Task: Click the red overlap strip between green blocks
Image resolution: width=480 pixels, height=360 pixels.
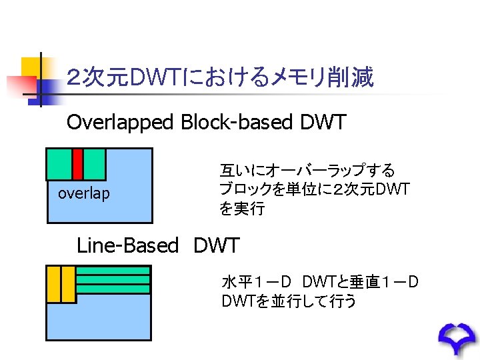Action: pos(77,164)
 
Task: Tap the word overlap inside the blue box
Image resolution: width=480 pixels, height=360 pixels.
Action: pos(84,194)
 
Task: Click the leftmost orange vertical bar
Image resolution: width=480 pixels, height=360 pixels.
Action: pos(53,284)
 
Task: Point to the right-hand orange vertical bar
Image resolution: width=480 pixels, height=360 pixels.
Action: pos(67,284)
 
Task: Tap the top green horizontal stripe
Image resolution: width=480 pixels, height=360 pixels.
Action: pos(113,271)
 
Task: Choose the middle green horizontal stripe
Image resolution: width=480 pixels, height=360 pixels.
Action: pos(113,280)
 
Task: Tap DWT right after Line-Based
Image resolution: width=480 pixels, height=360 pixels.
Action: pos(217,245)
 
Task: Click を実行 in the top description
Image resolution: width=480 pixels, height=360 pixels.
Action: pos(242,209)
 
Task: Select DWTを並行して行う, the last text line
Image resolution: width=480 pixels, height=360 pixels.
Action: pos(289,301)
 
